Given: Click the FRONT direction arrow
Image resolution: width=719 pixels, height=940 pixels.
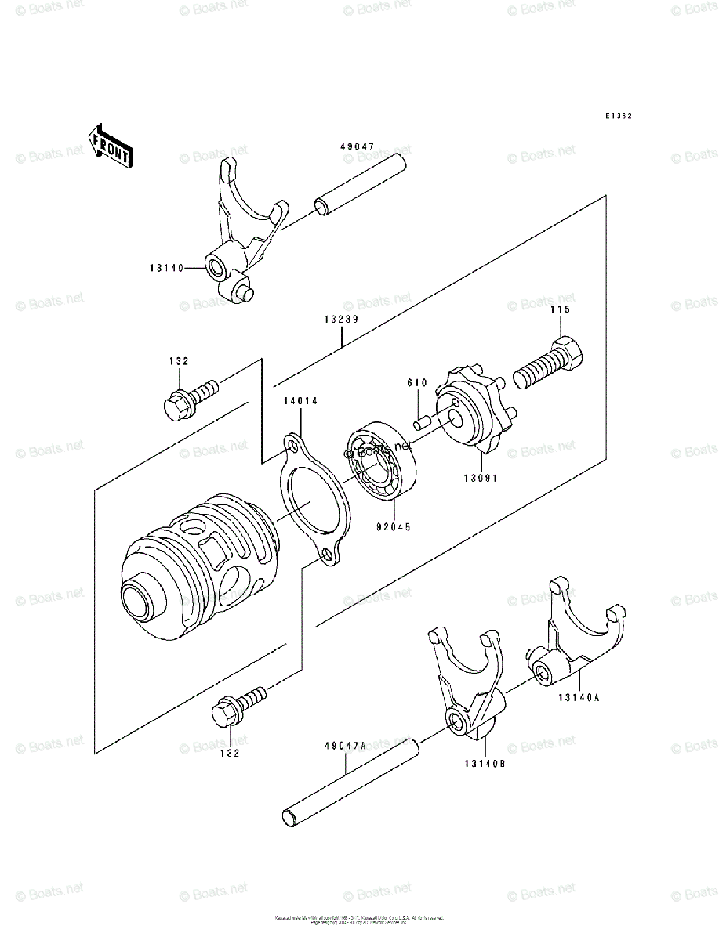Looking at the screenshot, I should [110, 145].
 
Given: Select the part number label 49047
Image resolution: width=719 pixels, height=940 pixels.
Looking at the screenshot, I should [357, 146].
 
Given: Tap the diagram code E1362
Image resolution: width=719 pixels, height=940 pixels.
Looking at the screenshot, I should [618, 116].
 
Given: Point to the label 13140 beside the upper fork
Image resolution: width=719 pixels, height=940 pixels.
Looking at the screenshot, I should [165, 268].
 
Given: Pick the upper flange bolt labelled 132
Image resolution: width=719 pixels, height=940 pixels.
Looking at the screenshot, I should [188, 396].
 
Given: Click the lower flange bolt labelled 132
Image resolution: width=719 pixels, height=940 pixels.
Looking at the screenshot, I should [238, 705].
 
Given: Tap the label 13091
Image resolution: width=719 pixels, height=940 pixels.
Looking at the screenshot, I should [480, 477].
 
